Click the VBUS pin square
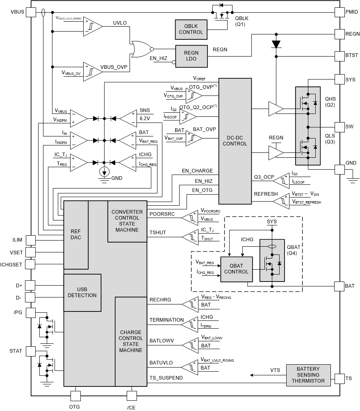31,12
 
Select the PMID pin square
339,12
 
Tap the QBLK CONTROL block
191,29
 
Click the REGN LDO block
191,55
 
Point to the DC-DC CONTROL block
235,141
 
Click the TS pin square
339,378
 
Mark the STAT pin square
31,351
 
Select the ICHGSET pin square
31,263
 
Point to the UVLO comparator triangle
93,26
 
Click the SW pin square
339,127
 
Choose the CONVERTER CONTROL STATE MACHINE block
127,221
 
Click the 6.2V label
145,118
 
